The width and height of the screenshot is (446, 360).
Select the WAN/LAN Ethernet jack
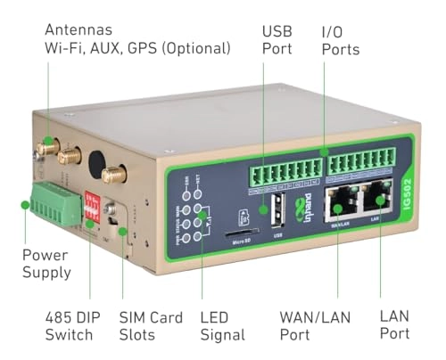pyautogui.click(x=339, y=206)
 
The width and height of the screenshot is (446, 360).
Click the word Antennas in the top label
pyautogui.click(x=78, y=29)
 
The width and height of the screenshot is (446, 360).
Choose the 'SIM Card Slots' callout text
pyautogui.click(x=153, y=326)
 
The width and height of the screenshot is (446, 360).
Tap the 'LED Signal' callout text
pyautogui.click(x=223, y=326)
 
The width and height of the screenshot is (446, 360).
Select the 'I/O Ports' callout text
pyautogui.click(x=343, y=40)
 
